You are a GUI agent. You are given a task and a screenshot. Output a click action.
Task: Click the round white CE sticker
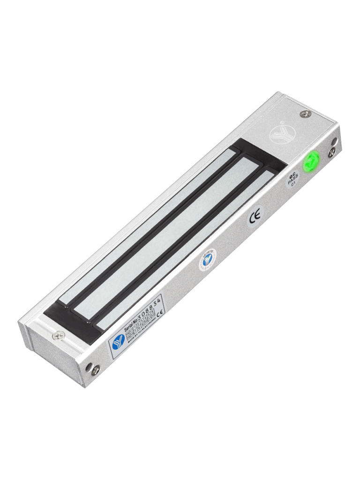pyautogui.click(x=255, y=217)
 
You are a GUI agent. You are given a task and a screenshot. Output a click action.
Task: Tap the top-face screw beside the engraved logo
pyautogui.click(x=305, y=114)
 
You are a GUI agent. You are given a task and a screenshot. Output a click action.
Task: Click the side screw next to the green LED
pyautogui.click(x=332, y=151)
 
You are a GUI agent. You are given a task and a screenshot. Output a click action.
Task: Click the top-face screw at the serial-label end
pyautogui.click(x=59, y=335)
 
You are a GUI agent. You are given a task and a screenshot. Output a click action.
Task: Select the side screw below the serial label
pyautogui.click(x=96, y=370)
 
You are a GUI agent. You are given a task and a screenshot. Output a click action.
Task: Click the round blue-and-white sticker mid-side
pyautogui.click(x=208, y=259)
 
